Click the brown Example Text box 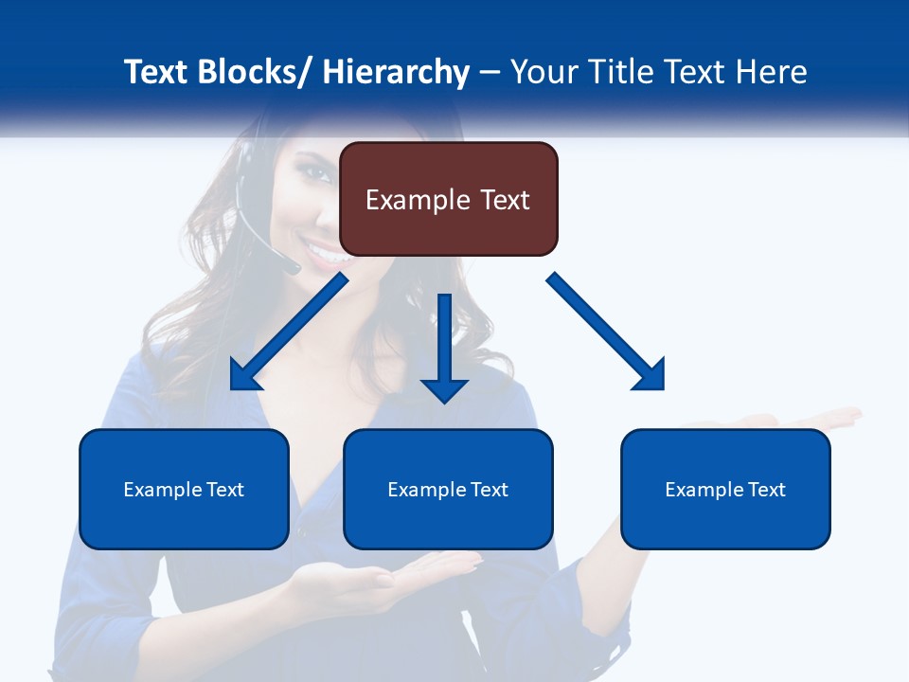449,199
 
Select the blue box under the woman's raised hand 725,489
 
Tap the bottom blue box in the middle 448,489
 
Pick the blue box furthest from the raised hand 184,489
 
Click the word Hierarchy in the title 396,72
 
